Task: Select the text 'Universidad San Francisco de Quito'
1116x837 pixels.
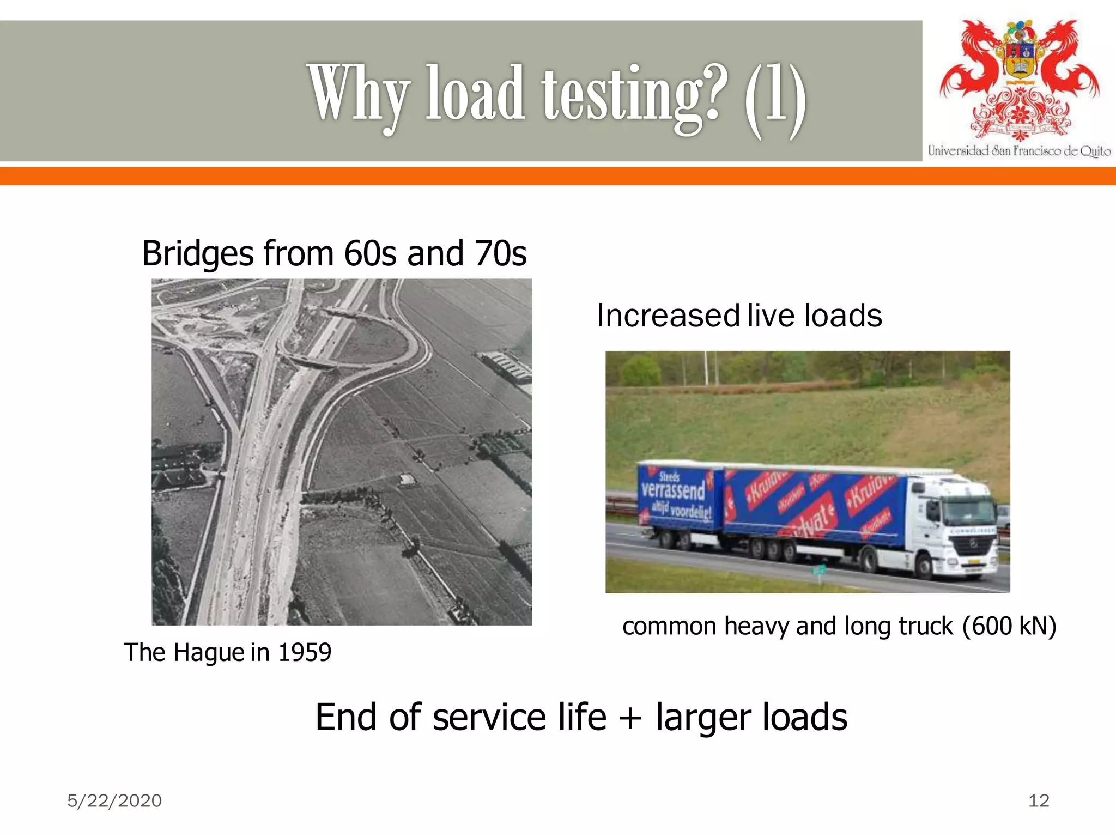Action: (x=1019, y=151)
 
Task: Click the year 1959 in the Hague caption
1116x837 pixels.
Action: (x=305, y=652)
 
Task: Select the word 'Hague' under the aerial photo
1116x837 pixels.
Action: (x=209, y=653)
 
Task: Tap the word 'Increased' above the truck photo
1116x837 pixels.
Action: (x=668, y=316)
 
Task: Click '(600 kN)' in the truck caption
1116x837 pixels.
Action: (x=1009, y=626)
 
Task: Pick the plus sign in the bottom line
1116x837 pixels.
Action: (x=630, y=718)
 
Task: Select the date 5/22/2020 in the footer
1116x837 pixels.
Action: (x=114, y=800)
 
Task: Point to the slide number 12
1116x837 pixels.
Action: (x=1039, y=800)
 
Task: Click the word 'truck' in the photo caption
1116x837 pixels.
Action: (x=926, y=626)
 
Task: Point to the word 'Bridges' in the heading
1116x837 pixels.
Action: (x=198, y=254)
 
